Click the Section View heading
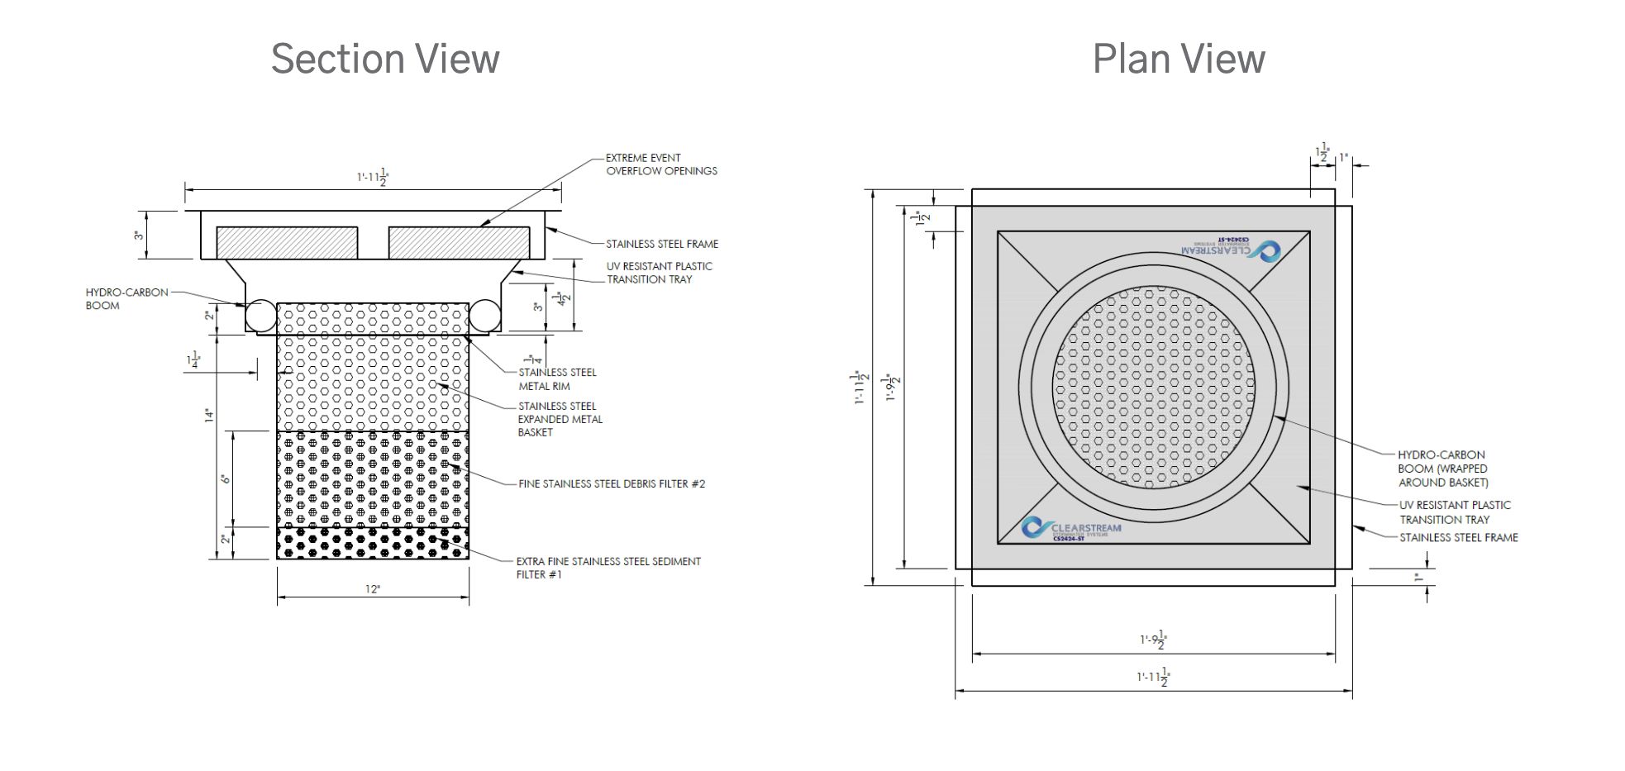pyautogui.click(x=385, y=59)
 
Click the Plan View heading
pyautogui.click(x=1178, y=59)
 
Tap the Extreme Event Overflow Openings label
pyautogui.click(x=660, y=164)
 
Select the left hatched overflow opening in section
pyautogui.click(x=287, y=243)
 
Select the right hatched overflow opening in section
pyautogui.click(x=459, y=243)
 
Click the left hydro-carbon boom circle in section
pyautogui.click(x=260, y=316)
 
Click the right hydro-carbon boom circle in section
pyautogui.click(x=485, y=316)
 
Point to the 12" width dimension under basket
pyautogui.click(x=373, y=589)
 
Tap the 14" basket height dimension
pyautogui.click(x=210, y=416)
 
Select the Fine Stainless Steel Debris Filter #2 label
pyautogui.click(x=612, y=484)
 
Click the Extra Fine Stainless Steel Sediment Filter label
pyautogui.click(x=608, y=568)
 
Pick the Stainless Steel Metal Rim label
pyautogui.click(x=556, y=379)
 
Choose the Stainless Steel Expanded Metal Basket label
pyautogui.click(x=560, y=419)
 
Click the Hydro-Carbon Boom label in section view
pyautogui.click(x=126, y=299)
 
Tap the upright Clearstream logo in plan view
pyautogui.click(x=1071, y=530)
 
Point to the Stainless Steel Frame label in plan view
pyautogui.click(x=1458, y=538)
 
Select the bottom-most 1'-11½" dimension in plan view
pyautogui.click(x=1153, y=678)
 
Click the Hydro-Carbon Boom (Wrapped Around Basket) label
pyautogui.click(x=1442, y=469)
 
